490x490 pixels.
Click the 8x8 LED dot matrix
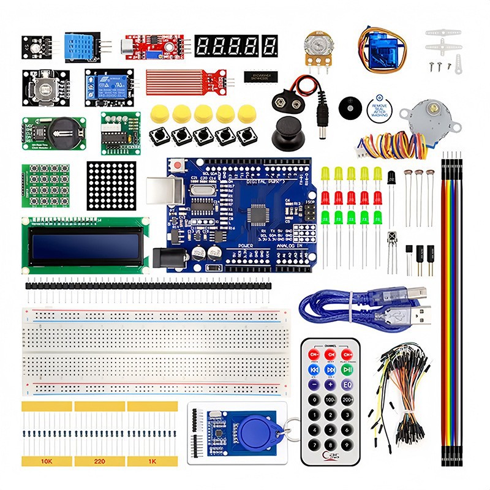click(x=111, y=186)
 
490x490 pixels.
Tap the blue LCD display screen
click(x=85, y=245)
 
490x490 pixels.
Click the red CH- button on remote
click(x=314, y=355)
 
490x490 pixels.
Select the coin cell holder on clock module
click(x=63, y=130)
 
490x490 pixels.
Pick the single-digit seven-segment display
click(x=269, y=46)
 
